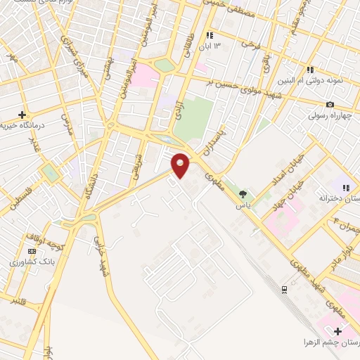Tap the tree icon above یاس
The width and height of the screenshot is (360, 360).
pyautogui.click(x=243, y=194)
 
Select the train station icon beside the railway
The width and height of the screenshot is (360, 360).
pyautogui.click(x=284, y=289)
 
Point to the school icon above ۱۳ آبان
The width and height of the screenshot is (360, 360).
pyautogui.click(x=209, y=35)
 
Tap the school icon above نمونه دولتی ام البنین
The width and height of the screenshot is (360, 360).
pyautogui.click(x=309, y=69)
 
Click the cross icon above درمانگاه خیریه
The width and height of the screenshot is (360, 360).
pyautogui.click(x=22, y=115)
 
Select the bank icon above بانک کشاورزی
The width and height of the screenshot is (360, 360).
pyautogui.click(x=31, y=251)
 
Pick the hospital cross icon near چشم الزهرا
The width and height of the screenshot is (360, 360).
pyautogui.click(x=338, y=331)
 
